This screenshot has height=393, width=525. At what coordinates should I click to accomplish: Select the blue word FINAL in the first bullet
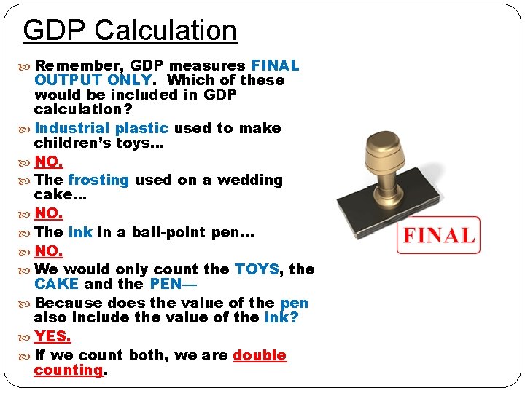[x=275, y=65]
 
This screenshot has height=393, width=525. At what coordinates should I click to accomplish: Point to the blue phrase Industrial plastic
[x=101, y=128]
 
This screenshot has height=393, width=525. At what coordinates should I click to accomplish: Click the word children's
[x=72, y=143]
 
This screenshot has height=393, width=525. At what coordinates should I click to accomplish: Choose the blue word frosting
[x=98, y=180]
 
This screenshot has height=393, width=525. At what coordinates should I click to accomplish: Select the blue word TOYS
[x=257, y=269]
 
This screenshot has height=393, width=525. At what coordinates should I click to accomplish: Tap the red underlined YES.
[x=52, y=336]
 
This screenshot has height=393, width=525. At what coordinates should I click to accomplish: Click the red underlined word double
[x=260, y=355]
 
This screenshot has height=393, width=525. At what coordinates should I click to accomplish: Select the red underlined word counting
[x=69, y=370]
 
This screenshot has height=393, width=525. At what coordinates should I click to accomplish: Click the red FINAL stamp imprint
[x=438, y=235]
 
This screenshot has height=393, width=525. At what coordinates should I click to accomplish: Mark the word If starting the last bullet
[x=39, y=355]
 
